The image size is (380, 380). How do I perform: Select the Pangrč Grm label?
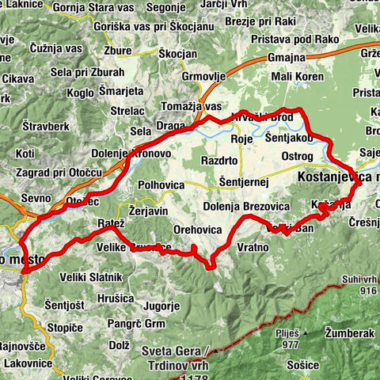(138, 324)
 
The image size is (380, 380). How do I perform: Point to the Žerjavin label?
(147, 212)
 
